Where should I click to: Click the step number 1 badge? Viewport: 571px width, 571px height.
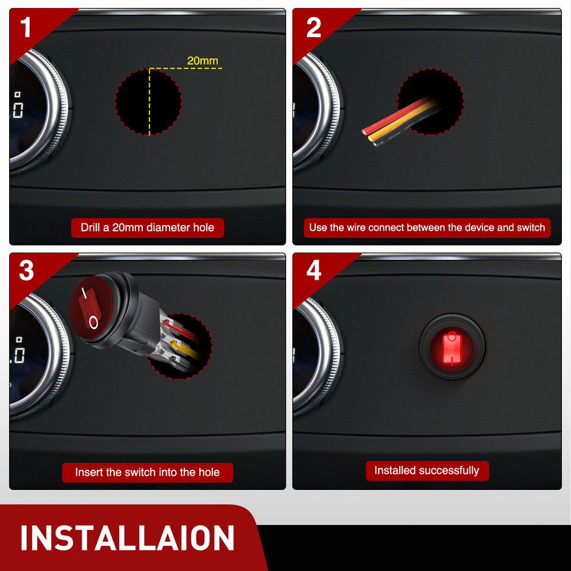(26, 27)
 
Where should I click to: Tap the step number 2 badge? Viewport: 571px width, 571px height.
(313, 27)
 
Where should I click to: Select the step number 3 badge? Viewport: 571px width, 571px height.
(26, 271)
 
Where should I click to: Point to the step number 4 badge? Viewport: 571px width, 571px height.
(314, 270)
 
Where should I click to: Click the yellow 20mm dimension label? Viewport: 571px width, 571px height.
(203, 61)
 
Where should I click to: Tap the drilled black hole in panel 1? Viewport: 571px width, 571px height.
(148, 102)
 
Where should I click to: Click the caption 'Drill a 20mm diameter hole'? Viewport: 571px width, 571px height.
(147, 228)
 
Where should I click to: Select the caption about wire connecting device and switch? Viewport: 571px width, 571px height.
(427, 228)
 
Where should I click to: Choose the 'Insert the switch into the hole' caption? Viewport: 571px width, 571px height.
(147, 472)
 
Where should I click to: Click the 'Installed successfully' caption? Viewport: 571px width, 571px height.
(427, 471)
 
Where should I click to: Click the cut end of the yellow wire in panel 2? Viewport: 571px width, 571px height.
(371, 138)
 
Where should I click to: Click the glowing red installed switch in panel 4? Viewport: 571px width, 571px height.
(452, 347)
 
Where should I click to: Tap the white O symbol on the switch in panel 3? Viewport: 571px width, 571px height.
(94, 322)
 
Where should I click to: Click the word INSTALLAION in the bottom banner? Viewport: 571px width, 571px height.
(127, 538)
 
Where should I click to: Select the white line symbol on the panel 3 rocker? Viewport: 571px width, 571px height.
(84, 293)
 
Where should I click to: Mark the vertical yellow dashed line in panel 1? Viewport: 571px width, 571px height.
(149, 102)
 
